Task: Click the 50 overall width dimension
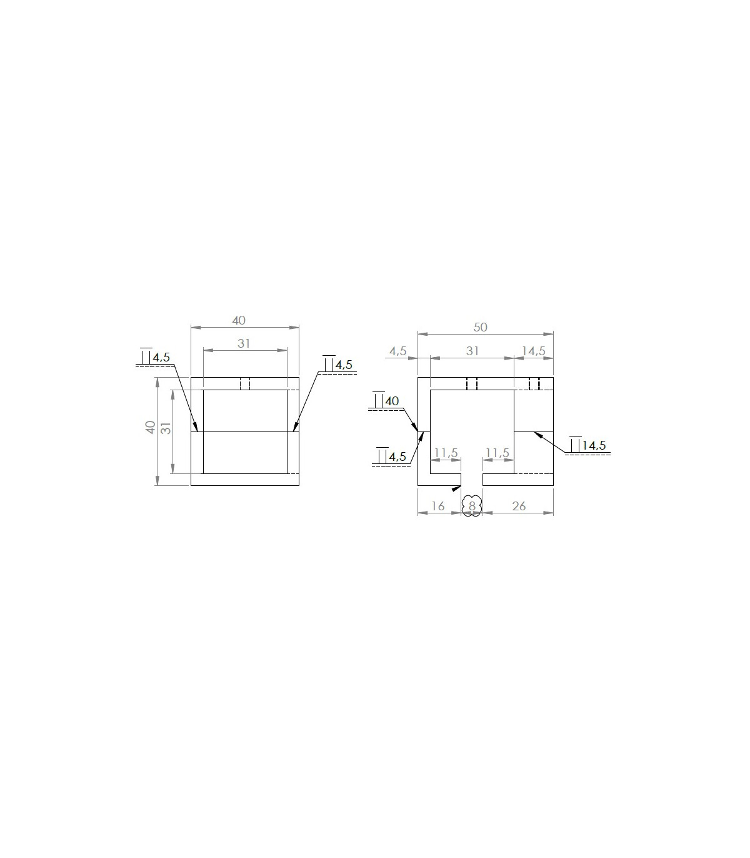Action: (480, 328)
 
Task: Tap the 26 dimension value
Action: (519, 507)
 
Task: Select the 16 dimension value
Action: (438, 507)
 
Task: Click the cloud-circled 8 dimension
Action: (472, 507)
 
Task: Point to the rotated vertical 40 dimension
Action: (151, 427)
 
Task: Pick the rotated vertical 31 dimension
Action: (166, 428)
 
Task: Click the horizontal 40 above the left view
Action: (239, 321)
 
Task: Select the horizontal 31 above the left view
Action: (244, 344)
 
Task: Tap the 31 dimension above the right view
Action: (472, 351)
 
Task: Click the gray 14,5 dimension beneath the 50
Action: (533, 351)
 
